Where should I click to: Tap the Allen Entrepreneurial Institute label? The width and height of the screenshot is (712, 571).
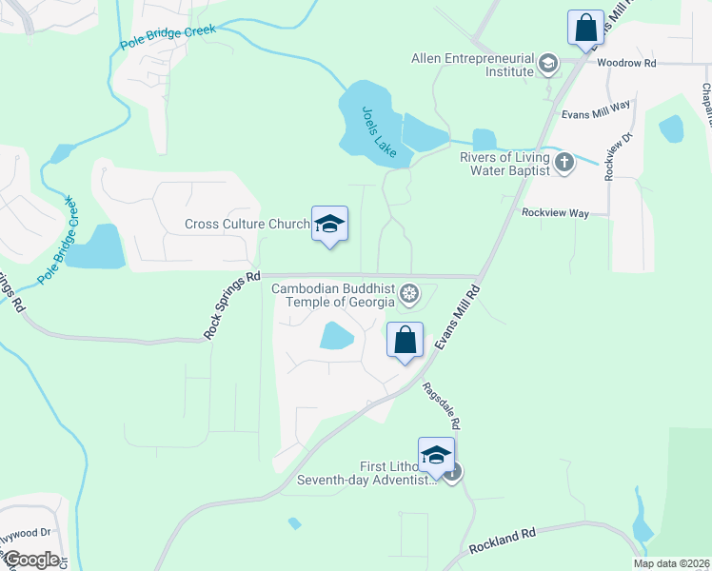point(472,65)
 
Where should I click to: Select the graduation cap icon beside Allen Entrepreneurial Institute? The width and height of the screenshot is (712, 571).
point(547,65)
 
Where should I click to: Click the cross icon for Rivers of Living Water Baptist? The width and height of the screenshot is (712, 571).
point(564,162)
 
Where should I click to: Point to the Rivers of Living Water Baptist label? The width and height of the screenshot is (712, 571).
point(504,164)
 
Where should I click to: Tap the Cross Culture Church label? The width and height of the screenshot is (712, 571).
point(247,225)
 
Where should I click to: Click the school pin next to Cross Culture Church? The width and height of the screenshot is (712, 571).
point(329,225)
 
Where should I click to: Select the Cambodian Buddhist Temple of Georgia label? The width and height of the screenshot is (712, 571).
point(333,295)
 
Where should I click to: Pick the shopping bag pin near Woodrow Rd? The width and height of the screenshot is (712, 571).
point(585,27)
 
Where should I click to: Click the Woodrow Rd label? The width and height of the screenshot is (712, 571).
point(627,63)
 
